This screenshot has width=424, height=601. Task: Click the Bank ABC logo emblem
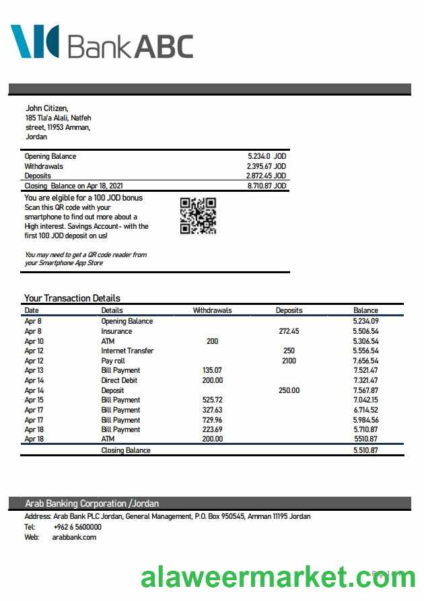tap(34, 41)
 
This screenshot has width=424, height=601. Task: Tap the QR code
tap(198, 215)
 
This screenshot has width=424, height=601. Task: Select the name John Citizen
tap(46, 108)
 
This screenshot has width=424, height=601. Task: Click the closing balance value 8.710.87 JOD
tap(267, 186)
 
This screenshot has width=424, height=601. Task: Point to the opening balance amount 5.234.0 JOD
tap(267, 156)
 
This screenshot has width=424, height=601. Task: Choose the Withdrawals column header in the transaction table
tap(212, 310)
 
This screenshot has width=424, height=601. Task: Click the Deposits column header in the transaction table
tap(289, 310)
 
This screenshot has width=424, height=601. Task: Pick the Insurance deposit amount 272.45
tap(289, 331)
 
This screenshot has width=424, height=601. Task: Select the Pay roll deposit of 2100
tap(289, 361)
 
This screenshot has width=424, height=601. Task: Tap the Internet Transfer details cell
tap(127, 351)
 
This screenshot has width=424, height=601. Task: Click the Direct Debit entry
tap(119, 380)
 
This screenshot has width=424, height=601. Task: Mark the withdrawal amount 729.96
tap(212, 419)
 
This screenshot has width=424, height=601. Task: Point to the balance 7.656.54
tap(365, 361)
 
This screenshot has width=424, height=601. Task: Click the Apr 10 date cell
tap(34, 341)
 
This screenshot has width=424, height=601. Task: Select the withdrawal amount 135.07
tap(212, 370)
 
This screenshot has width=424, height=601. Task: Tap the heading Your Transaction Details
tap(72, 298)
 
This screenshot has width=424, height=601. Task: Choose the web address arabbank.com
tap(74, 537)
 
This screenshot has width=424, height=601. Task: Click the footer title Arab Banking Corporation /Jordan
tap(92, 503)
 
